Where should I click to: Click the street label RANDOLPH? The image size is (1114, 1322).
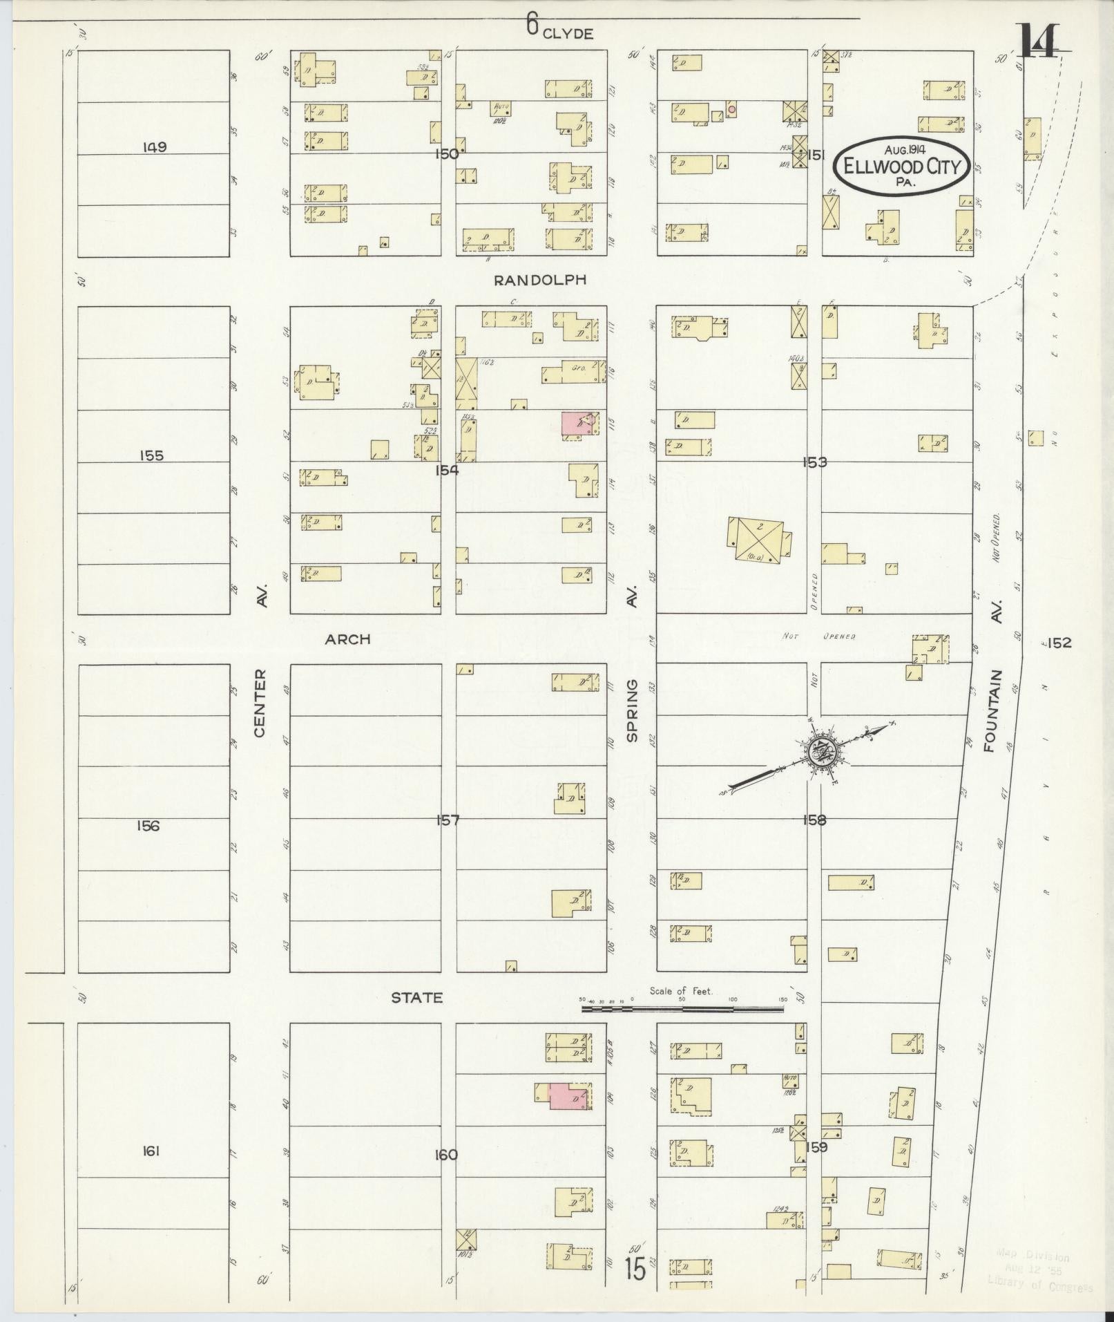pos(540,280)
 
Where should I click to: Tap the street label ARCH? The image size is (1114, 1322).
pos(348,639)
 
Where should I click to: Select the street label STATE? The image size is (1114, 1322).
pos(416,998)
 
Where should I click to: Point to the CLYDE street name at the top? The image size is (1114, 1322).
pos(568,33)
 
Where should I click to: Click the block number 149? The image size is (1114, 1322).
pos(154,147)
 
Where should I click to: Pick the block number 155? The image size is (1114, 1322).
pos(151,456)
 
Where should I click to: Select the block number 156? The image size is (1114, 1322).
pos(148,825)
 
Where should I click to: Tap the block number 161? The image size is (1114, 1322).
pos(151,1151)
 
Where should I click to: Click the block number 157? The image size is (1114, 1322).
pos(448,820)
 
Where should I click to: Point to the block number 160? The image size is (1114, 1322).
pos(446,1155)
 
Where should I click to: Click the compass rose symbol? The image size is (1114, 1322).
pos(822,751)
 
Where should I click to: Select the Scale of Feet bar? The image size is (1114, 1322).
pos(682,1009)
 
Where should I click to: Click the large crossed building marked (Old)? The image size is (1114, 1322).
pos(758,540)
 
